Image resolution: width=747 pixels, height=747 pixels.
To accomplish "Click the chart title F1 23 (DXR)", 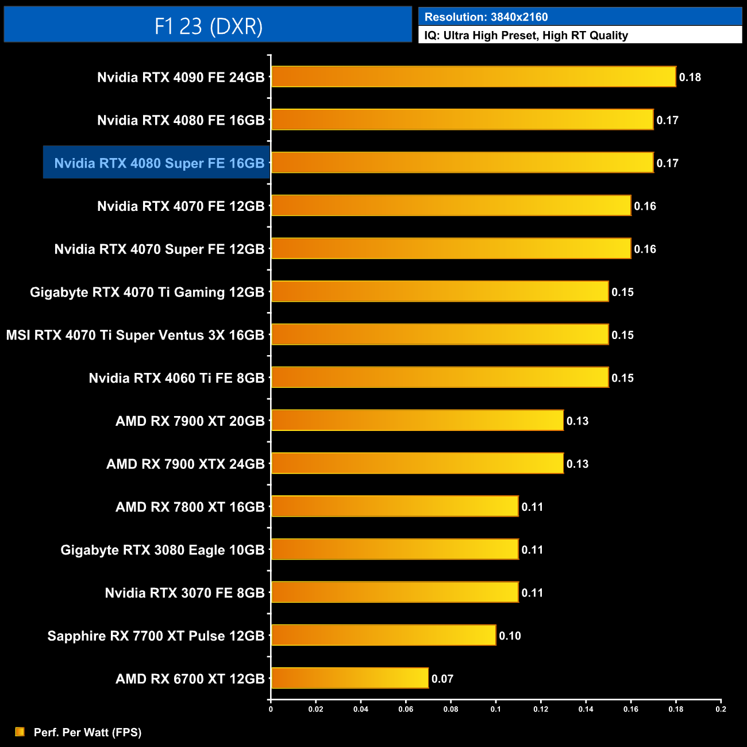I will click(208, 26).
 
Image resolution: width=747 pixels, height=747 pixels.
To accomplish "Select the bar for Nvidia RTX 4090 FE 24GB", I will click(473, 77).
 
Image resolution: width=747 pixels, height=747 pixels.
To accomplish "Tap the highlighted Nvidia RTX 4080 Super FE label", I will click(159, 163).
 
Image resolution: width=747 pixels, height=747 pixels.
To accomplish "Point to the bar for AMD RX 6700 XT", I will click(350, 679).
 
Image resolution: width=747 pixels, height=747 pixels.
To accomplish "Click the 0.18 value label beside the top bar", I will click(690, 78).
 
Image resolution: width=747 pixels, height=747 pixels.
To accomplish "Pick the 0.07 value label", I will click(442, 679).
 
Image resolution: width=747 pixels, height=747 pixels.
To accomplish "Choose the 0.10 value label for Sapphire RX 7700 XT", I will click(510, 636).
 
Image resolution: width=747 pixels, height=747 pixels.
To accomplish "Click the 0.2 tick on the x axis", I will click(721, 709).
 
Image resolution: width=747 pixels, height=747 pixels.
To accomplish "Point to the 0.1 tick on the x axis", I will click(495, 709).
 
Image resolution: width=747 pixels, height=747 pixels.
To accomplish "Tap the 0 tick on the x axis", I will click(271, 709).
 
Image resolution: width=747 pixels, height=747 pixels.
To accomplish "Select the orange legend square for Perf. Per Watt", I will click(20, 731).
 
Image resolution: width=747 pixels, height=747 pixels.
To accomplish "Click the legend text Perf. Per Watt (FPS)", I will click(87, 732).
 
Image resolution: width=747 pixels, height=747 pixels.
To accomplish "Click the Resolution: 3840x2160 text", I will click(486, 17).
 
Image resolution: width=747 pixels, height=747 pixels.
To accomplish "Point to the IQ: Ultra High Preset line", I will click(526, 36).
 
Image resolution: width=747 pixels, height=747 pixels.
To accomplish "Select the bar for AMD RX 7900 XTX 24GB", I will click(417, 464).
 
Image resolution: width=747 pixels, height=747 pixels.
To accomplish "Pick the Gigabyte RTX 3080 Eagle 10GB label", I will click(163, 550).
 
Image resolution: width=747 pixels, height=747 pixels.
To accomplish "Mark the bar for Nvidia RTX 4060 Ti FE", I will click(440, 378).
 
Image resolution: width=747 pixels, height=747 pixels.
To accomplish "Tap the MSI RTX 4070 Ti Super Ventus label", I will click(135, 335).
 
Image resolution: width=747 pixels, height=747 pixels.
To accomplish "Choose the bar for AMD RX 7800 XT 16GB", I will click(395, 507).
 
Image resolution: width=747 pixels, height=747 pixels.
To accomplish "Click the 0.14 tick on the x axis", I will click(586, 709).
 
